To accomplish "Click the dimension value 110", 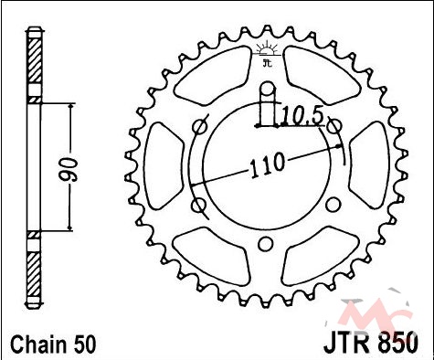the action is click(x=268, y=165).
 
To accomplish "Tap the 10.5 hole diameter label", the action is click(x=302, y=117).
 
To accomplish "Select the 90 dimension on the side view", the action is click(x=69, y=170).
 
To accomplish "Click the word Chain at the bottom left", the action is click(x=37, y=344).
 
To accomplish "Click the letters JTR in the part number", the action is click(x=348, y=343).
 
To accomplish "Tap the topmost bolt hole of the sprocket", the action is click(x=268, y=89).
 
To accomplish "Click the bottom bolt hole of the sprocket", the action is click(x=265, y=244).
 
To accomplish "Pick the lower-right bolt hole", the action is click(x=333, y=205).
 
